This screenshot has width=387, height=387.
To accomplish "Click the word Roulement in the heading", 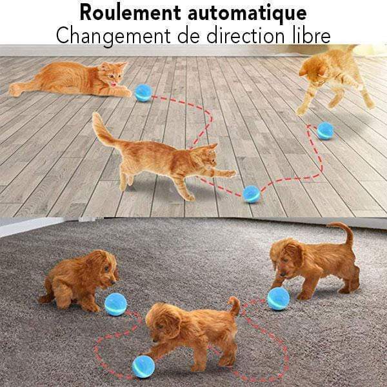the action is tap(130, 12).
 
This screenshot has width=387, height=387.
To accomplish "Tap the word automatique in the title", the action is tap(247, 14).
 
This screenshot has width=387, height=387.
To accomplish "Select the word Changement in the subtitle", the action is tap(114, 36).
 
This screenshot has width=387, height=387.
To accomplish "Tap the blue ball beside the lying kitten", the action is tap(143, 93).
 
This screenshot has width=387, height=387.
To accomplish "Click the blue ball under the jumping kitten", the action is tap(325, 130).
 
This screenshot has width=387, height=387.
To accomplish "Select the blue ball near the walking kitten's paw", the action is tap(252, 194).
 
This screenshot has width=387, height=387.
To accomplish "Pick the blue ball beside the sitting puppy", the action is tap(115, 304).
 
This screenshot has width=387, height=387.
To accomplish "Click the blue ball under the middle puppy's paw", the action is tap(143, 366).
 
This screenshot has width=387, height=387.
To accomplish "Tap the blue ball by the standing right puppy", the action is tap(278, 299).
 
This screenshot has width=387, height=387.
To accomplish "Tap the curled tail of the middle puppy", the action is tap(235, 306).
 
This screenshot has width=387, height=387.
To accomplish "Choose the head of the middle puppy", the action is tap(163, 323).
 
